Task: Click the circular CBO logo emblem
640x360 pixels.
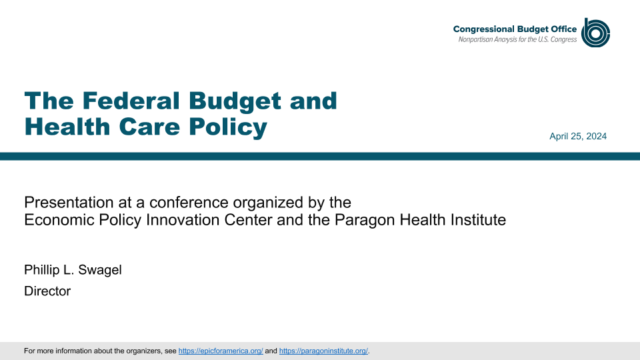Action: pyautogui.click(x=595, y=33)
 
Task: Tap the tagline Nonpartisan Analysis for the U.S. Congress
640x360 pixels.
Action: pyautogui.click(x=517, y=39)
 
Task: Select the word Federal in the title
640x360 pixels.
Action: pyautogui.click(x=131, y=101)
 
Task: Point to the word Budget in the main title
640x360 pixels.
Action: pyautogui.click(x=235, y=101)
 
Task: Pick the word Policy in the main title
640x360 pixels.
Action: pyautogui.click(x=228, y=127)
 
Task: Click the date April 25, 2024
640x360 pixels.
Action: pyautogui.click(x=578, y=136)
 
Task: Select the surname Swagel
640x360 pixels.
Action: pyautogui.click(x=99, y=270)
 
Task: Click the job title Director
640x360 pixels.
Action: pyautogui.click(x=47, y=291)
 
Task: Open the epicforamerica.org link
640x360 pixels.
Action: pyautogui.click(x=221, y=351)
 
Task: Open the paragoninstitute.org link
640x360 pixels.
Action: pyautogui.click(x=324, y=351)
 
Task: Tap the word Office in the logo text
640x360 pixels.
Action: pyautogui.click(x=564, y=29)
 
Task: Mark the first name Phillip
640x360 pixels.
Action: pyautogui.click(x=41, y=270)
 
